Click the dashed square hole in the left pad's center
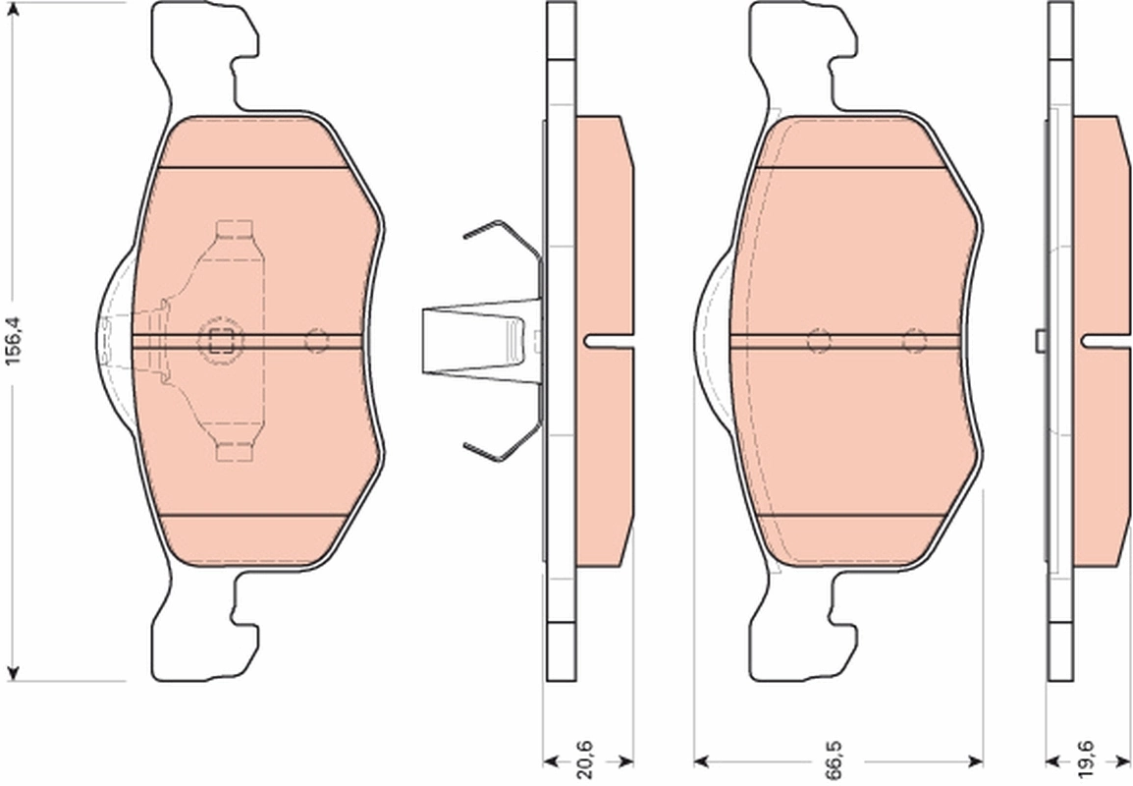click(220, 341)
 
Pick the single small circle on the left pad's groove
click(316, 341)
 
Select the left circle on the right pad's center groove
click(818, 341)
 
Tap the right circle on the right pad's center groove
click(914, 341)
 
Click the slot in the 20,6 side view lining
click(609, 341)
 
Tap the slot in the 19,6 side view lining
click(1106, 341)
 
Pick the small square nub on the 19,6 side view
click(1040, 340)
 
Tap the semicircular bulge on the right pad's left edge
click(712, 339)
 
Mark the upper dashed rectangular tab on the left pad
click(236, 231)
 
